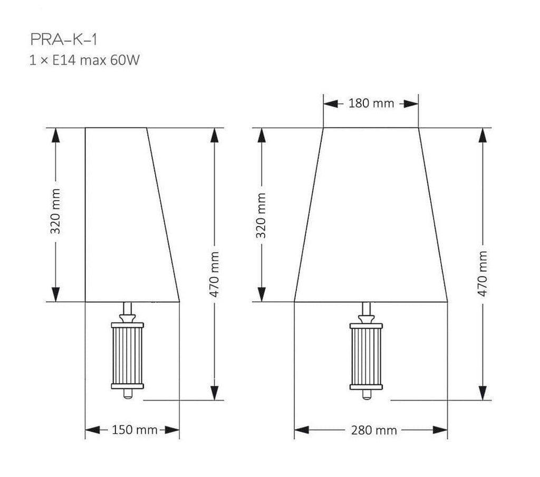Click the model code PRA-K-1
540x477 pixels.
pos(64,39)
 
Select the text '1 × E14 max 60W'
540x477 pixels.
pos(84,60)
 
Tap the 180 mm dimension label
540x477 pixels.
pos(371,103)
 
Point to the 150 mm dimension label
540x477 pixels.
pos(134,430)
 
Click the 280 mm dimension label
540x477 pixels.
pos(374,430)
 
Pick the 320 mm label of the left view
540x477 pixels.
pos(55,211)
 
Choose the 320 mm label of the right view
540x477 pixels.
pos(262,216)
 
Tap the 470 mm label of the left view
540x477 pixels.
pos(214,274)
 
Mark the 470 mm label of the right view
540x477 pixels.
pos(483,274)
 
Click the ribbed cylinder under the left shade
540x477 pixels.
pos(128,356)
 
